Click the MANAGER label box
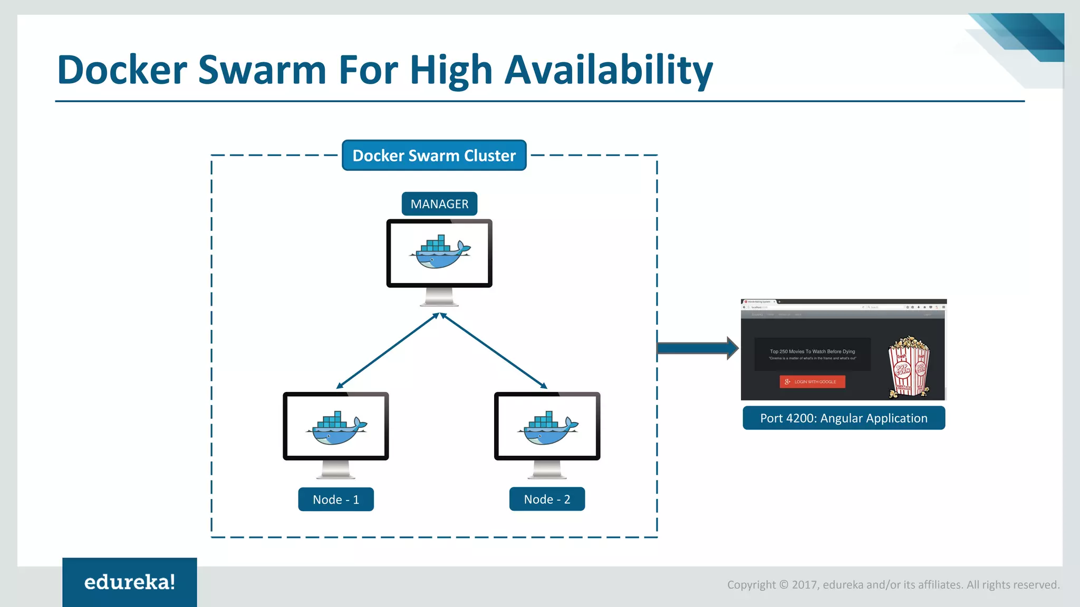pyautogui.click(x=439, y=204)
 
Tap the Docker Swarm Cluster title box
pyautogui.click(x=434, y=155)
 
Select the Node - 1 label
pyautogui.click(x=336, y=500)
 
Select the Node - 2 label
pyautogui.click(x=547, y=499)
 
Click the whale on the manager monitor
pyautogui.click(x=440, y=252)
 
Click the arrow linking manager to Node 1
pyautogui.click(x=388, y=351)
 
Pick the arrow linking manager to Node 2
pyautogui.click(x=494, y=351)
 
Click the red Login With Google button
pyautogui.click(x=812, y=381)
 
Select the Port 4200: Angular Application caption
pyautogui.click(x=843, y=418)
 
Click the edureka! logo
pyautogui.click(x=130, y=582)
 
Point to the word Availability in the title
pyautogui.click(x=609, y=70)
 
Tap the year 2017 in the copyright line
pyautogui.click(x=804, y=585)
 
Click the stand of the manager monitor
pyautogui.click(x=439, y=297)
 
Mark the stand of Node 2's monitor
pyautogui.click(x=547, y=469)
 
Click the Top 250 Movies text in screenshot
pyautogui.click(x=812, y=351)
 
